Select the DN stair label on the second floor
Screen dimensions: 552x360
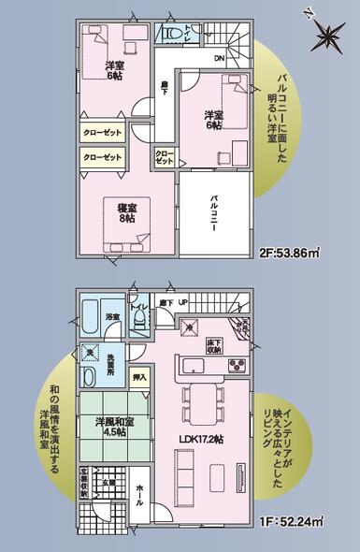pyautogui.click(x=218, y=59)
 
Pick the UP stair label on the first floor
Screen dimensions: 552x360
pyautogui.click(x=183, y=303)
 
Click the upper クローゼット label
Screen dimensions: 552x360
pyautogui.click(x=103, y=134)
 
